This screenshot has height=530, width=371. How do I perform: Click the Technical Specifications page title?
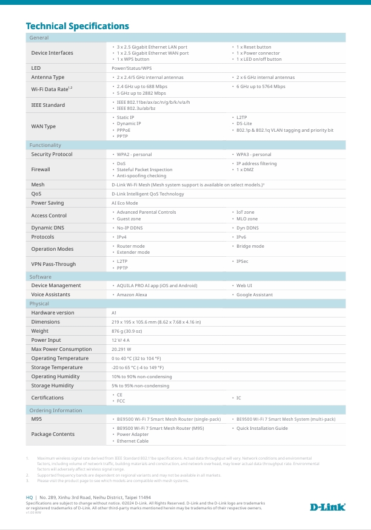tap(77, 26)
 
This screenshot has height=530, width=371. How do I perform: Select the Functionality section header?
tap(45, 145)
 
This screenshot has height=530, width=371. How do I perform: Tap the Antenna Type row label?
tap(48, 78)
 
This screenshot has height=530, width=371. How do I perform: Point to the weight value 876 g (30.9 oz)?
tap(127, 331)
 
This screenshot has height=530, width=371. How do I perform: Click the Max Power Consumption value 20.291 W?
tap(121, 349)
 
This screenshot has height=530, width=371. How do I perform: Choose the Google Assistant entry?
tap(254, 294)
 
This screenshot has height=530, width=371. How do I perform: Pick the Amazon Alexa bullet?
tap(132, 294)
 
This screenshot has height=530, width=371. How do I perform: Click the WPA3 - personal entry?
tap(253, 154)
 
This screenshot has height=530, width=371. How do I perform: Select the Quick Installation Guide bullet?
tap(262, 428)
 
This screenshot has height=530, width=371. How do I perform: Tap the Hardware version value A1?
tap(114, 313)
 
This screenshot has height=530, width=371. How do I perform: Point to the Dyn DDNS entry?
tap(247, 228)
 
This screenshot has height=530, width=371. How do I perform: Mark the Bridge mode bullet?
tap(250, 246)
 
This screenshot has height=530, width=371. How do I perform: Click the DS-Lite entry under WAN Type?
tap(245, 124)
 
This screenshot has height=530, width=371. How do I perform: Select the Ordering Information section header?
tap(56, 410)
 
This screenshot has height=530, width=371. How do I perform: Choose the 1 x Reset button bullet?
tap(253, 47)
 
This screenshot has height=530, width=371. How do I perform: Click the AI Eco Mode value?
tap(125, 203)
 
